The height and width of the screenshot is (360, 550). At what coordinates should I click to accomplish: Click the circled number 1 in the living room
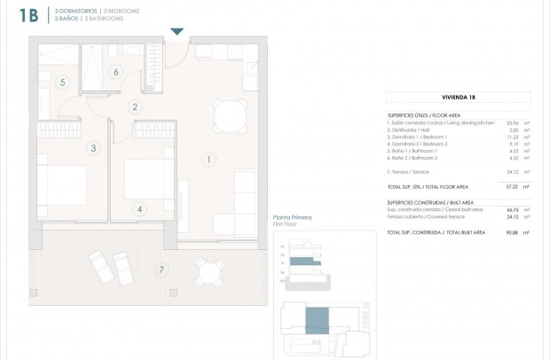208,160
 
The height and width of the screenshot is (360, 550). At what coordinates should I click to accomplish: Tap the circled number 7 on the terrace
161,269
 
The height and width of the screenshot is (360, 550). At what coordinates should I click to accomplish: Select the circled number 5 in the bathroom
62,82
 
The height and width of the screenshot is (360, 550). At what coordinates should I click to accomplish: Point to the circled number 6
114,72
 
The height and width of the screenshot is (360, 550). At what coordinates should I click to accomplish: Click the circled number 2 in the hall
135,107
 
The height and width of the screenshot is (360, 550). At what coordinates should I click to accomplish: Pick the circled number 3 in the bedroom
92,148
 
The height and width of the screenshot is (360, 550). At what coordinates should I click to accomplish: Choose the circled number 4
139,209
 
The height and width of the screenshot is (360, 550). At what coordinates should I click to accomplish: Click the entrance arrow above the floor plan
177,32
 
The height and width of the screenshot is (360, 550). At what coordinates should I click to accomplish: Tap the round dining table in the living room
231,113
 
